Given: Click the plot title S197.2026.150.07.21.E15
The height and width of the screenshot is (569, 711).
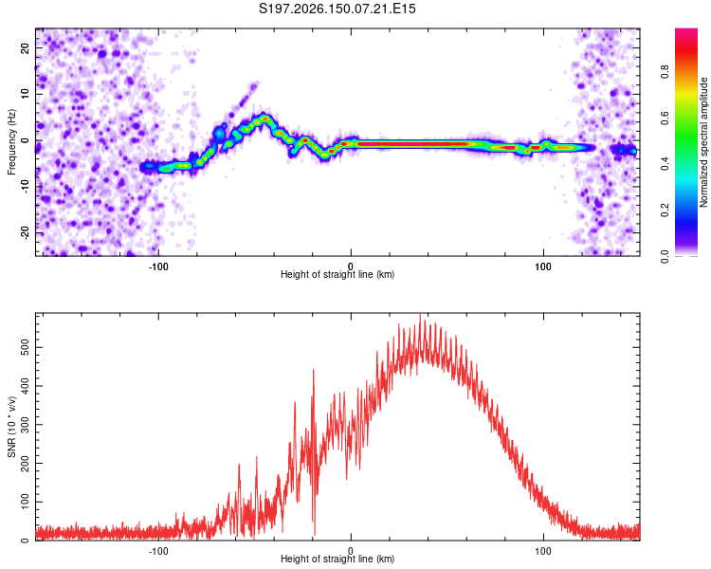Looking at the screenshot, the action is pyautogui.click(x=337, y=9).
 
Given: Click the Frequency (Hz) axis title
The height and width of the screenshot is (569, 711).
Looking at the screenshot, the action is pyautogui.click(x=11, y=142).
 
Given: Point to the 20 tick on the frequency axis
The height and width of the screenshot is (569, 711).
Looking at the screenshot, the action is pyautogui.click(x=25, y=47).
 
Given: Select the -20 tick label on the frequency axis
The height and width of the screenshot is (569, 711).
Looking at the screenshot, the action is pyautogui.click(x=25, y=232).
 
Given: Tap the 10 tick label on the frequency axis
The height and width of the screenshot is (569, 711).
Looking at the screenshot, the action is pyautogui.click(x=25, y=94).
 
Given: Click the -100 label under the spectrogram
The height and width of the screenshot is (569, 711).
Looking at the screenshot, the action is pyautogui.click(x=157, y=266).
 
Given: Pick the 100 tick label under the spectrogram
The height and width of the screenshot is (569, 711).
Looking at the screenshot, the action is pyautogui.click(x=543, y=266).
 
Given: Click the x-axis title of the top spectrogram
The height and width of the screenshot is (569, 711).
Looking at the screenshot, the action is pyautogui.click(x=337, y=274).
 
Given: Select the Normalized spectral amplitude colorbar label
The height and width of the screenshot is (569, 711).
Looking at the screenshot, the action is pyautogui.click(x=703, y=142).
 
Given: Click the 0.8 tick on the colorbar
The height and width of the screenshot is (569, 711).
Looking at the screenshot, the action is pyautogui.click(x=665, y=72).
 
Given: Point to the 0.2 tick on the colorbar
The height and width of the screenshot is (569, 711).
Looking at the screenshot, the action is pyautogui.click(x=665, y=211).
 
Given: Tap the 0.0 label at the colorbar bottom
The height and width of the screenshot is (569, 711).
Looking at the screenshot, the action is pyautogui.click(x=665, y=256).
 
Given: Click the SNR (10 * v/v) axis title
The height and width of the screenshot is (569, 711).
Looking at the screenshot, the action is pyautogui.click(x=11, y=427).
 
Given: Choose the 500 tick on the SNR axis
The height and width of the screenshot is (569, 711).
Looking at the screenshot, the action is pyautogui.click(x=25, y=348).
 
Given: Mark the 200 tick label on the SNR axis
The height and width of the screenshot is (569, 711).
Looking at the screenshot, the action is pyautogui.click(x=25, y=464).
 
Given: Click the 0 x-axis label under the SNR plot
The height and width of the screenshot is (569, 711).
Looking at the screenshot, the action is pyautogui.click(x=351, y=551).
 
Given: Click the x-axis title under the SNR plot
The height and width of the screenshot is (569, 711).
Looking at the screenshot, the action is pyautogui.click(x=337, y=559).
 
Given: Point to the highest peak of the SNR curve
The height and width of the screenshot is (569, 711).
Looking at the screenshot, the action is pyautogui.click(x=420, y=314).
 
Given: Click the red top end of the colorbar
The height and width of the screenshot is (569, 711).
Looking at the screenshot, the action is pyautogui.click(x=686, y=31).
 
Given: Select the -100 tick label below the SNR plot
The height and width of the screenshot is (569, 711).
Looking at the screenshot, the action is pyautogui.click(x=157, y=551).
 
